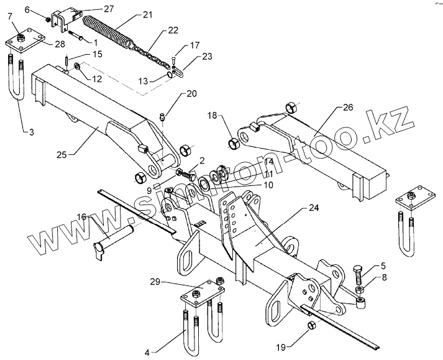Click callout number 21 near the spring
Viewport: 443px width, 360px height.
tap(147, 13)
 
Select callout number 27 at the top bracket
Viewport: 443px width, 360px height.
tap(109, 8)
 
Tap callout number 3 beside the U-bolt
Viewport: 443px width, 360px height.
tap(29, 132)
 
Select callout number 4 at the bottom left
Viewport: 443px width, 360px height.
tap(147, 353)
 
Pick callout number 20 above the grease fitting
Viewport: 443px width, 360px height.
tap(191, 94)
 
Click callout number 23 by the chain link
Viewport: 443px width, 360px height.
tap(206, 55)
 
